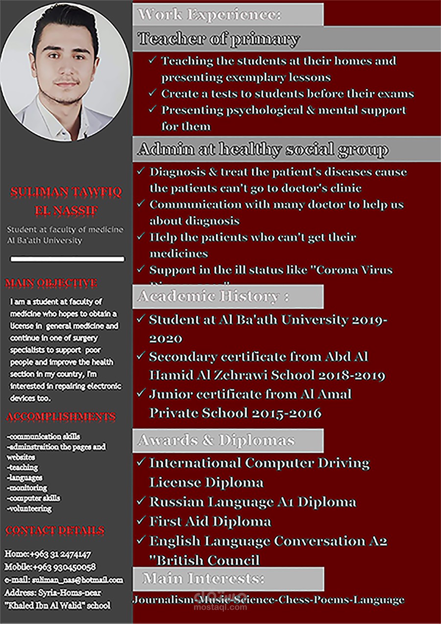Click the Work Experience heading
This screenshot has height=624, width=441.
pos(210,14)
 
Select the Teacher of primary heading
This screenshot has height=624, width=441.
pos(219,39)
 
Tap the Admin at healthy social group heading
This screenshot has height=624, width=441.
pos(263,149)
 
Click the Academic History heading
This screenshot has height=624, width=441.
pos(214,296)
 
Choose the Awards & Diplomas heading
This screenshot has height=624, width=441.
pos(217,440)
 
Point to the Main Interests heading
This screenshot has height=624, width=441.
pos(204,578)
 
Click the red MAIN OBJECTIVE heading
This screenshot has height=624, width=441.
pos(51,283)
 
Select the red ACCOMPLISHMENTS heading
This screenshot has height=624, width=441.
pos(61,416)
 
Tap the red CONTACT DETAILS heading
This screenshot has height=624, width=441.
pos(55,530)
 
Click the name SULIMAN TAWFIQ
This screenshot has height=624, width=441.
pos(66,191)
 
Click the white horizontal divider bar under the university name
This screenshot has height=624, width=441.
pos(67,259)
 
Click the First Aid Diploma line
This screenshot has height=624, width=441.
pos(210,521)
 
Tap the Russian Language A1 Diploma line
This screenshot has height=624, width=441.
pos(252,502)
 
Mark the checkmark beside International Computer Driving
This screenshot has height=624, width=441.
pos(141,462)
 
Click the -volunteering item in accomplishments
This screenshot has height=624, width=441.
pos(29,509)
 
